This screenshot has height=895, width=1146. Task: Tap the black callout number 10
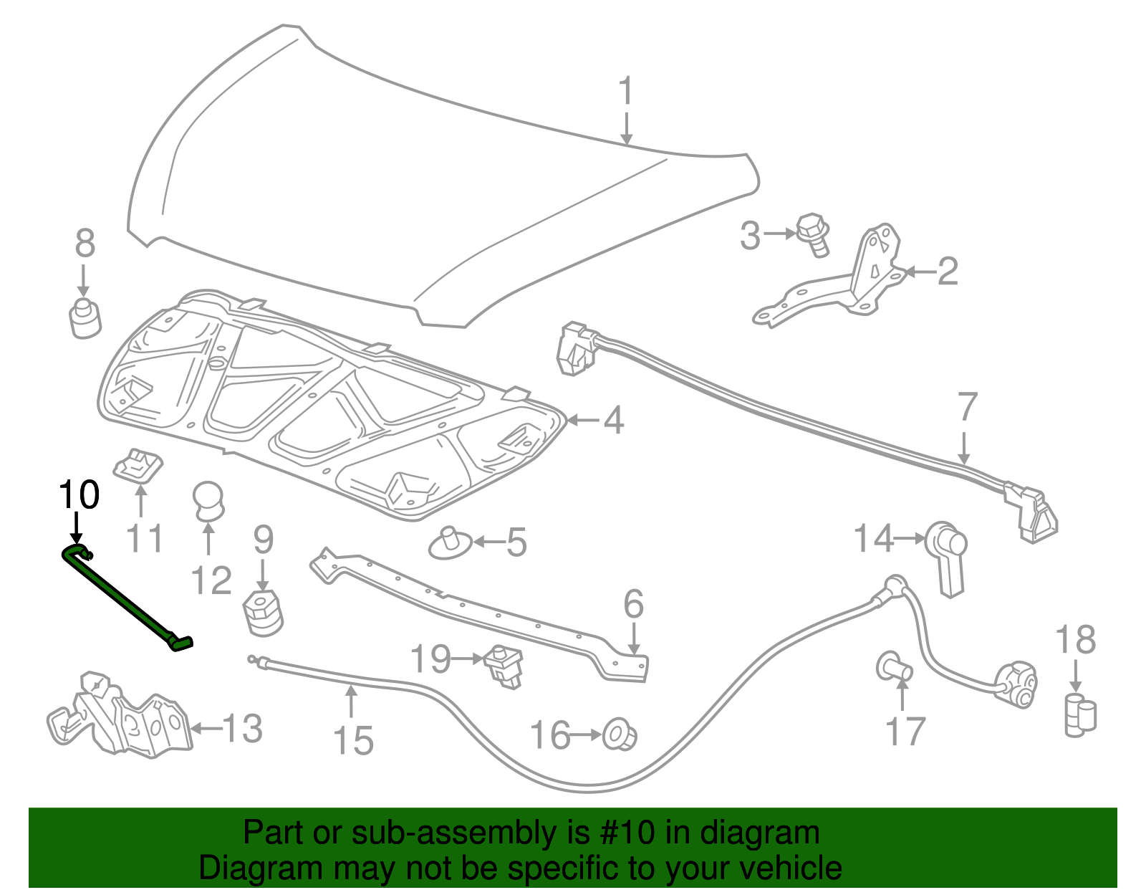click(79, 495)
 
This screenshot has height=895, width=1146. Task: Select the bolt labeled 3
click(814, 234)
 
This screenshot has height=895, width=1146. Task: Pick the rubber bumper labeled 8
click(85, 320)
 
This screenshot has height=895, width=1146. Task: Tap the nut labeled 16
click(619, 735)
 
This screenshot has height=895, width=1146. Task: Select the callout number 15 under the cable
click(353, 740)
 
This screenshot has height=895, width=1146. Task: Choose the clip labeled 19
click(505, 666)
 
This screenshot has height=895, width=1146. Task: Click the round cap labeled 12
click(208, 499)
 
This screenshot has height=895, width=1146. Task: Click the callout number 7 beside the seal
click(967, 408)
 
